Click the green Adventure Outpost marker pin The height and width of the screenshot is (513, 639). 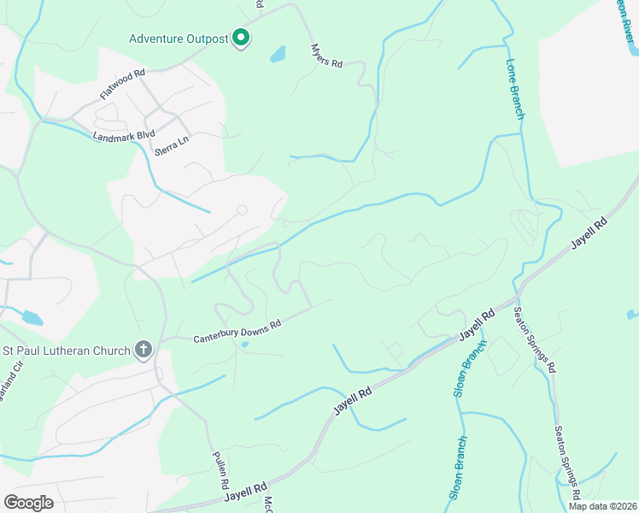pos(242,38)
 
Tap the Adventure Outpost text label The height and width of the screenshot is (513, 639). pos(179,38)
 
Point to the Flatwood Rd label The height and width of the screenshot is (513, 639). pos(122,84)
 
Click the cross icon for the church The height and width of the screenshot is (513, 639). pos(144,349)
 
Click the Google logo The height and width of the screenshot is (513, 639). pos(28,502)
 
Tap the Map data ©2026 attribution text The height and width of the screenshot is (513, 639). pos(601,506)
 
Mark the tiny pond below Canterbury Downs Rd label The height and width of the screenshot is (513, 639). pos(245,345)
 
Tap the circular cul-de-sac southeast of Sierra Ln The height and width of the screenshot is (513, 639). pos(242,209)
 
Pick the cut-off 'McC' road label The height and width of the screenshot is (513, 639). pos(267,504)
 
